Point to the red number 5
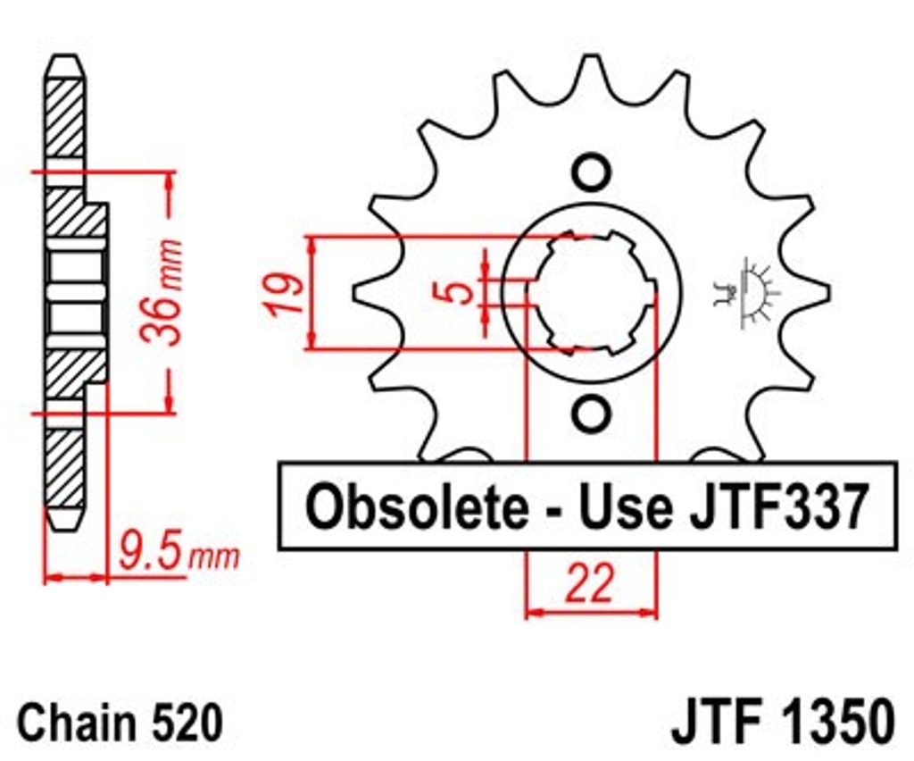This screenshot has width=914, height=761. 458,291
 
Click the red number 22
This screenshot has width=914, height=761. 590,585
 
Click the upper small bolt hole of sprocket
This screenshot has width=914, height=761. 590,171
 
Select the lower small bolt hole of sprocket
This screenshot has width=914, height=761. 590,414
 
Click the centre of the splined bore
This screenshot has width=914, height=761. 590,292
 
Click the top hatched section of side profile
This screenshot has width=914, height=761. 62,116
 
